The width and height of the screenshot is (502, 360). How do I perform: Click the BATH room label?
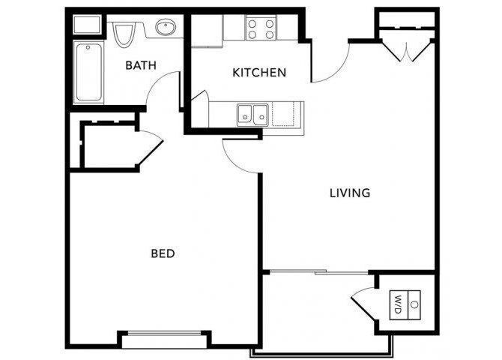(x=141, y=65)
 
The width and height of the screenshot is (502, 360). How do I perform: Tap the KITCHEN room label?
(x=259, y=73)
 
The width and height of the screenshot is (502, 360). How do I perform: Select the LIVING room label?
(x=350, y=193)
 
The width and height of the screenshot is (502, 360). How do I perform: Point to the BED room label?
(x=163, y=253)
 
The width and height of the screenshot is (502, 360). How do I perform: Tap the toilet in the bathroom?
(x=124, y=34)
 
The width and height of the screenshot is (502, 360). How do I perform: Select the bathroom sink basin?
(x=166, y=29)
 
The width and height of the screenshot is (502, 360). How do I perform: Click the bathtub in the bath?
(x=90, y=73)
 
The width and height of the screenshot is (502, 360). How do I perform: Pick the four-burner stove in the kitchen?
(x=261, y=28)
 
